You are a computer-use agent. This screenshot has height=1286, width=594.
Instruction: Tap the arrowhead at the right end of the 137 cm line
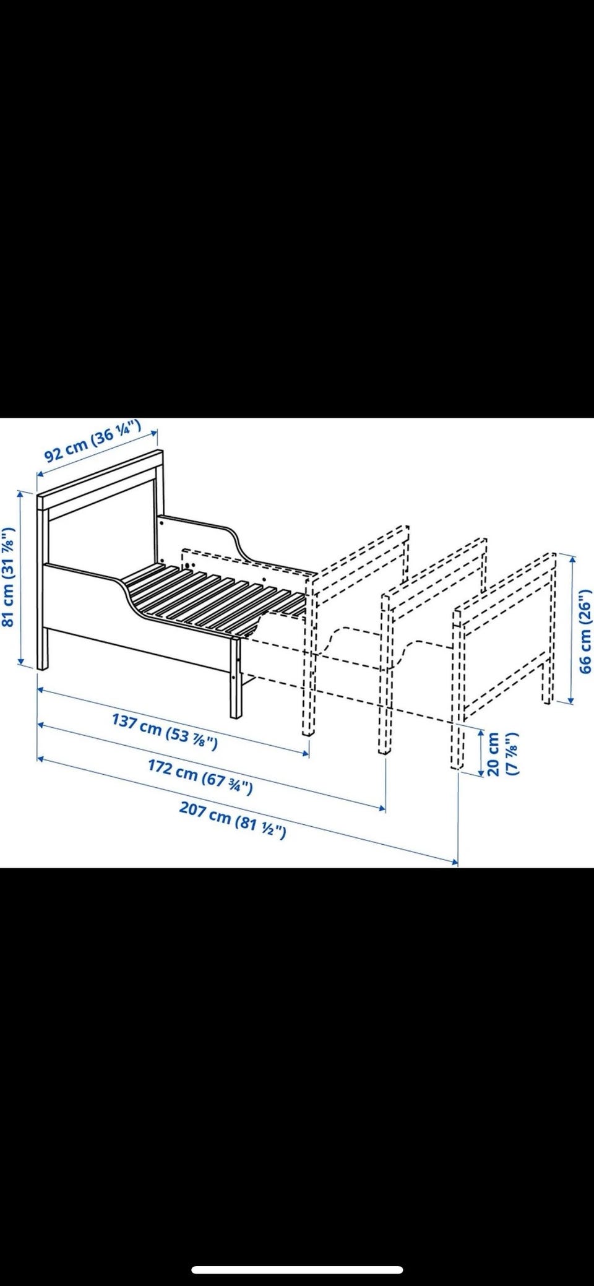pos(306,753)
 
